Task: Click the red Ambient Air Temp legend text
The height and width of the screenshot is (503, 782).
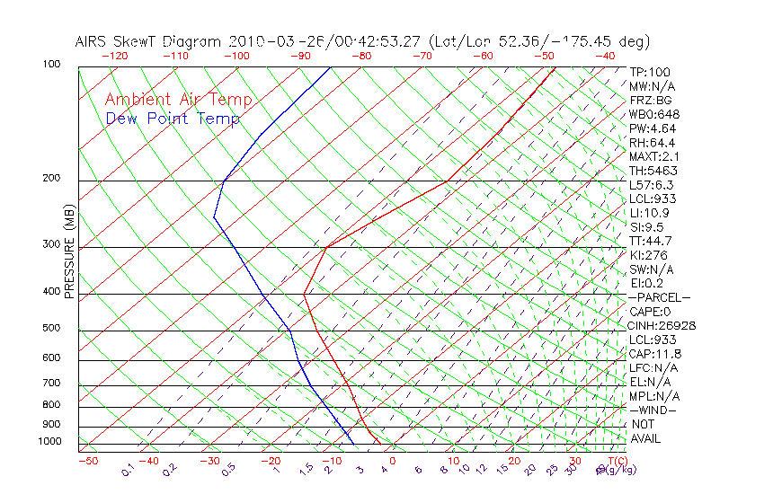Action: [x=178, y=100]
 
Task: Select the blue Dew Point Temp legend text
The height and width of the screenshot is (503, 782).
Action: [x=173, y=119]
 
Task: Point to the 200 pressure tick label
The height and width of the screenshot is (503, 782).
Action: [x=51, y=179]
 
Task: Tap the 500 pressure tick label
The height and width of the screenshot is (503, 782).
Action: [x=51, y=329]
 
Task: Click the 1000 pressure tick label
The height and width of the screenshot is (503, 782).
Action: [x=49, y=442]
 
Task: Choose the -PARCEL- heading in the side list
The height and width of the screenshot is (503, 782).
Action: [x=660, y=297]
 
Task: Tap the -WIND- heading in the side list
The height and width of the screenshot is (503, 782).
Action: [x=654, y=410]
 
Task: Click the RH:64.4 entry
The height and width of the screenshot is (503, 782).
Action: [x=652, y=143]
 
